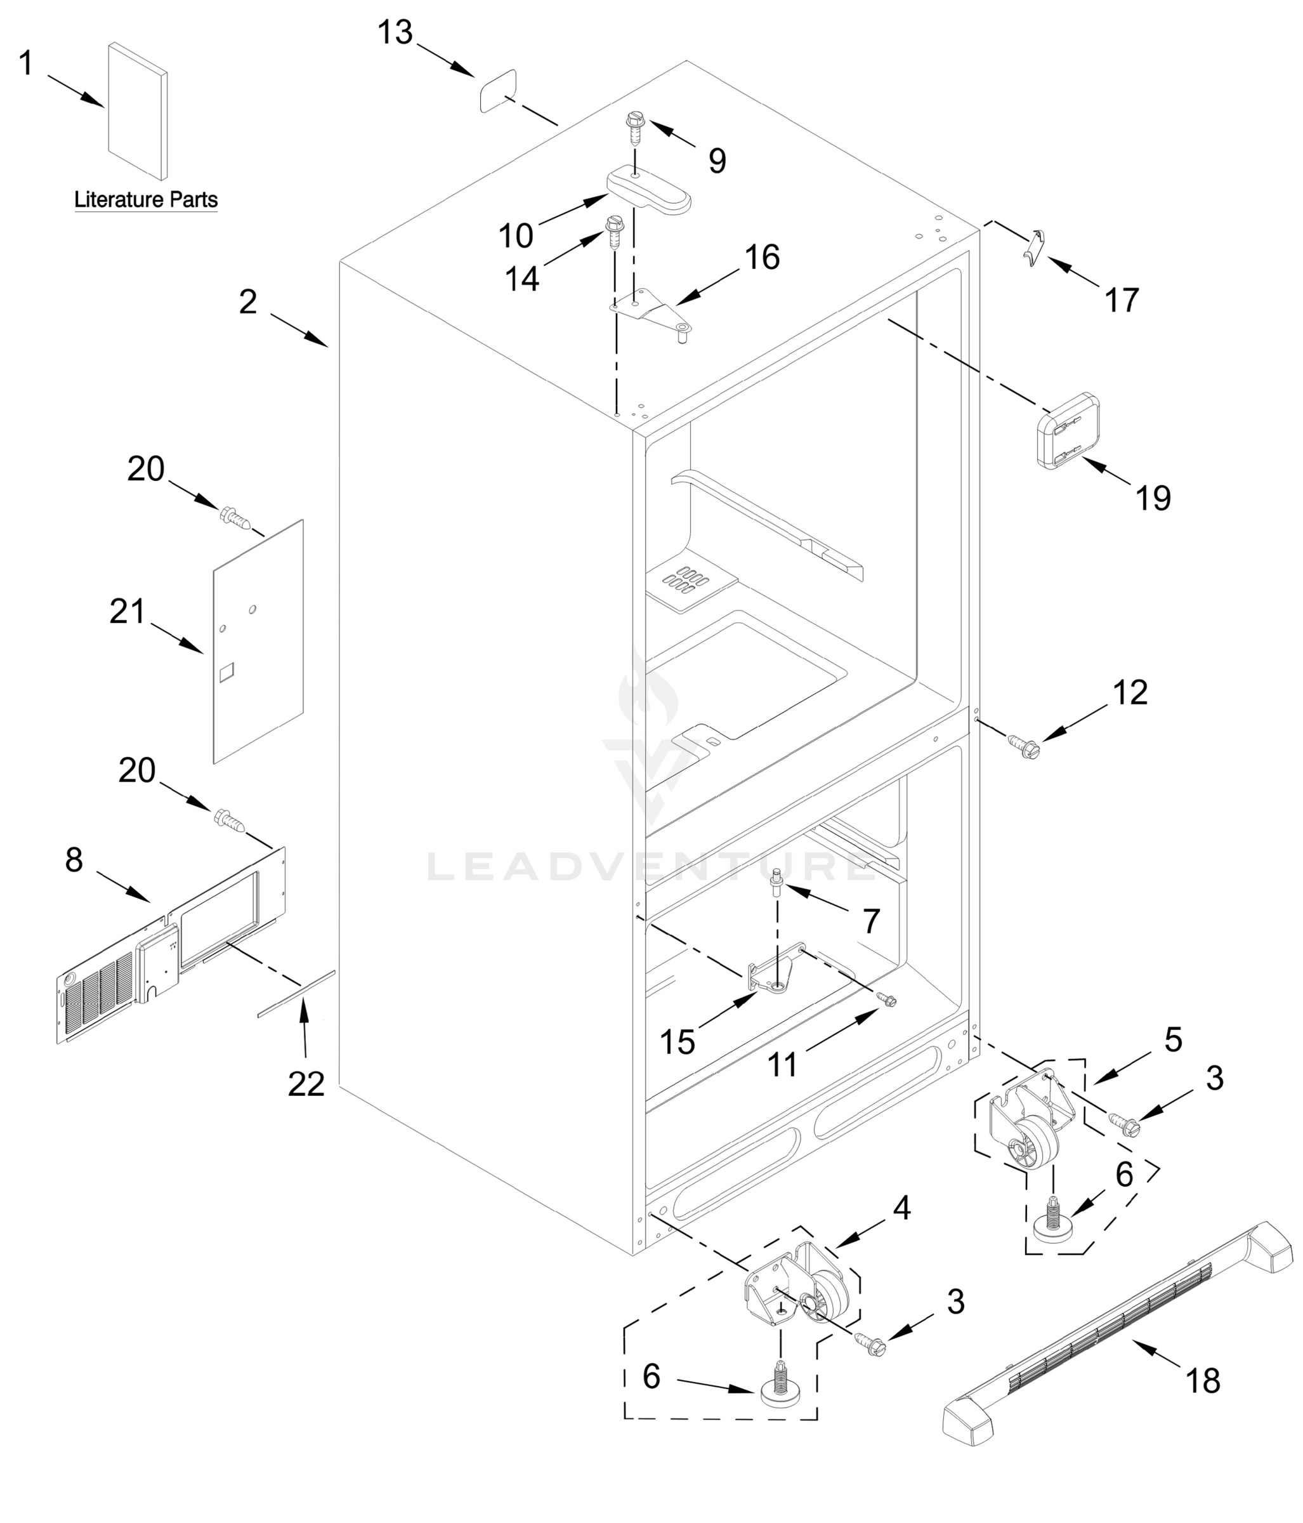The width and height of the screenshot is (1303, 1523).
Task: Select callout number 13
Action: click(x=395, y=33)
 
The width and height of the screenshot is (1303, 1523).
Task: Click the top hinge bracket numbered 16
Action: click(x=650, y=311)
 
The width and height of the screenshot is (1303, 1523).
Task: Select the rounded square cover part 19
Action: click(x=1068, y=432)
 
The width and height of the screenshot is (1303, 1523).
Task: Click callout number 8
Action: click(x=74, y=860)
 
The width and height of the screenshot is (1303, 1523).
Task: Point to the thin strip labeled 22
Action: click(x=296, y=994)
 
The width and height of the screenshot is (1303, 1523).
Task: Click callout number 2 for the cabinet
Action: click(x=249, y=303)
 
